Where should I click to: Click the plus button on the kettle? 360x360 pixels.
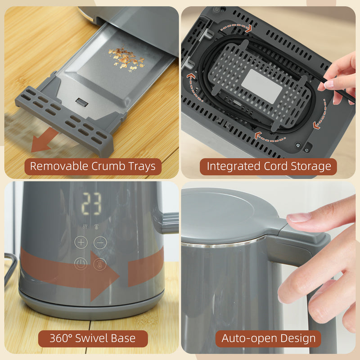pos(81,242)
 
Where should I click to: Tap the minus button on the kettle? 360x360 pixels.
pos(100,242)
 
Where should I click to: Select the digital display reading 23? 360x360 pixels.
pos(91,204)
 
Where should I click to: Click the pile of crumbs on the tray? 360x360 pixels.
pos(126,58)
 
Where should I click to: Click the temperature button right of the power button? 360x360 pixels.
pos(100,264)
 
